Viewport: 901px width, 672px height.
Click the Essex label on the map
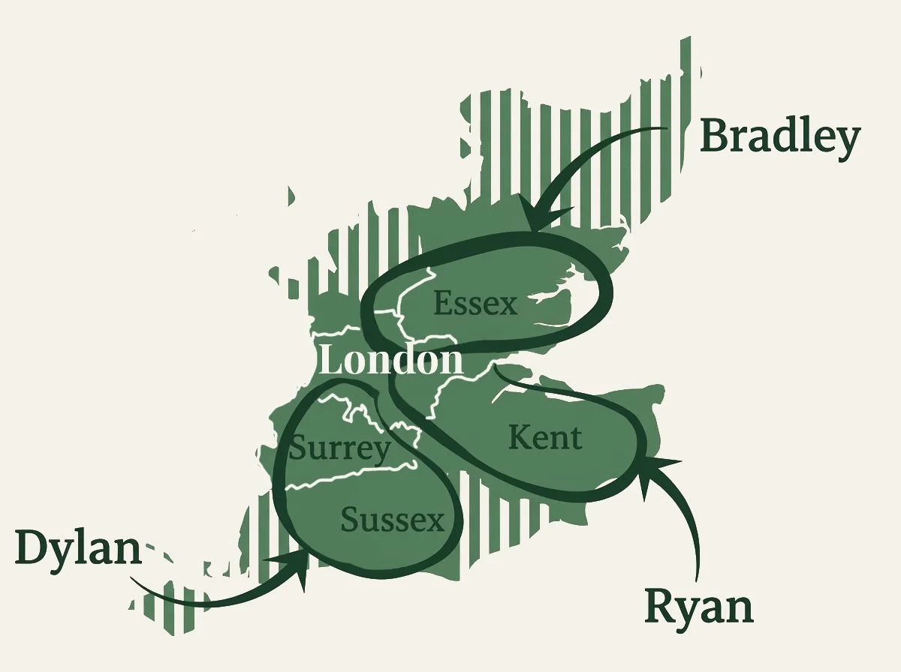click(x=476, y=304)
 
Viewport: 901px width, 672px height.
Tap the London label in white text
click(x=390, y=361)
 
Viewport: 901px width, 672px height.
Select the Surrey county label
click(x=340, y=449)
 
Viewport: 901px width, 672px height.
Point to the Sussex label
click(x=393, y=519)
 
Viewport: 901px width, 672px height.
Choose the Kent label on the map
click(x=545, y=438)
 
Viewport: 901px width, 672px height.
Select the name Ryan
click(x=699, y=607)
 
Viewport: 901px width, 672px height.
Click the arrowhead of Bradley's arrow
click(x=540, y=217)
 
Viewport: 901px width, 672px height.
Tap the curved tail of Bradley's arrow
click(x=608, y=142)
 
